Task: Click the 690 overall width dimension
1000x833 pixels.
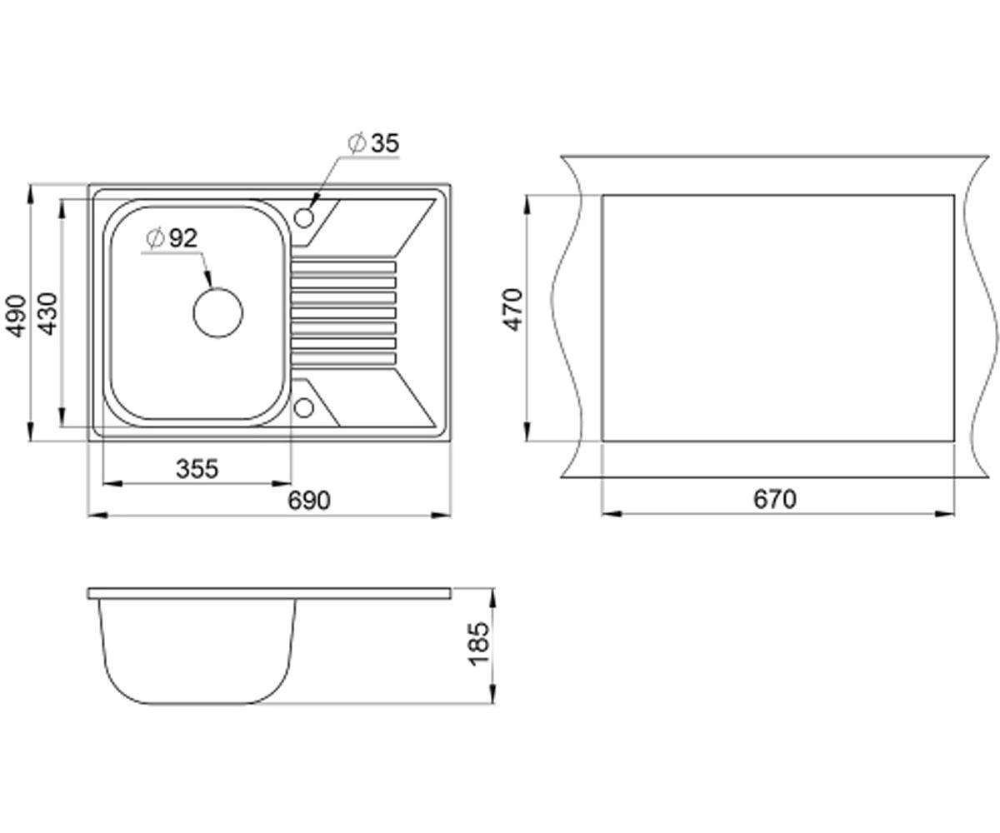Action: (309, 501)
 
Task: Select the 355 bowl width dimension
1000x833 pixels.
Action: (197, 469)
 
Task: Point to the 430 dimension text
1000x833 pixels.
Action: (47, 314)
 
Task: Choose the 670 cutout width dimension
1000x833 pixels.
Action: (775, 499)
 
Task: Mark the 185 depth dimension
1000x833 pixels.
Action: (479, 644)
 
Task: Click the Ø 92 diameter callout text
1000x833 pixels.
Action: (172, 238)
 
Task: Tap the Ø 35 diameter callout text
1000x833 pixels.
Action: (373, 142)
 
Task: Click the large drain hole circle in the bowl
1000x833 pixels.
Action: (217, 288)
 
